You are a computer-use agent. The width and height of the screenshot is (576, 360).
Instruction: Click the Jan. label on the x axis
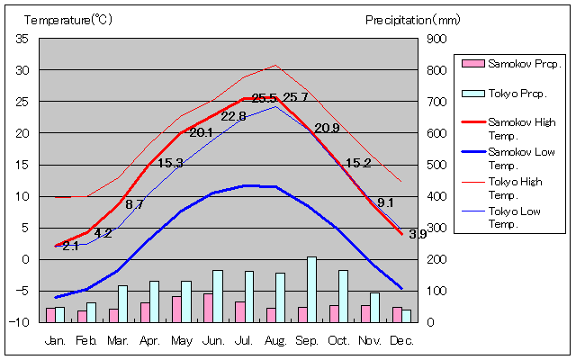tap(55, 341)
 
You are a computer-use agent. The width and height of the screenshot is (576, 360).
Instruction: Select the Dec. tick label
tap(401, 341)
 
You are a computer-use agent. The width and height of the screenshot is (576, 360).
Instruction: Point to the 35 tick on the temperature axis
tap(22, 39)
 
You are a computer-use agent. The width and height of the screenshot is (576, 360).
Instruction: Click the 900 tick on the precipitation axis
tap(436, 39)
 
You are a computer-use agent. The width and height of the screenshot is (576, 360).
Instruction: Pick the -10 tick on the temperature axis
tap(20, 322)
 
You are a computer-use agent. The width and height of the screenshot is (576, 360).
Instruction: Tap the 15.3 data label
tap(170, 163)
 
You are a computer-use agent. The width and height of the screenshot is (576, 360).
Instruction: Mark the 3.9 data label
tap(418, 234)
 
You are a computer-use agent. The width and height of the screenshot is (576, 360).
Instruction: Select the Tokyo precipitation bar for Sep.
tap(311, 289)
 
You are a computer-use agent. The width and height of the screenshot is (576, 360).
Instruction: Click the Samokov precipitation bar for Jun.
tap(208, 308)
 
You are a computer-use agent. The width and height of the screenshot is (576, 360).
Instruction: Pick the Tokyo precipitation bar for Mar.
tap(122, 303)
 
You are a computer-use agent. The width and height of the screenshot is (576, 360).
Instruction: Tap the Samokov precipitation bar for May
tap(176, 309)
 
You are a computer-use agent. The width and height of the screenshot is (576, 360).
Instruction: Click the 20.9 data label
tap(327, 128)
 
